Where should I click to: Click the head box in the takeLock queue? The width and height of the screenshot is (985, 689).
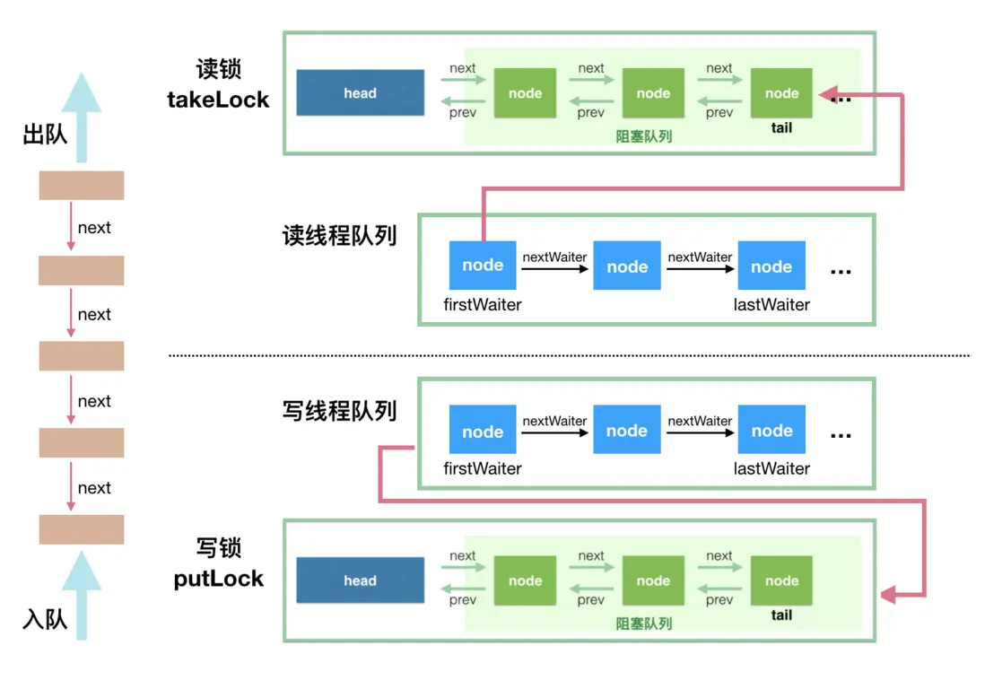[360, 93]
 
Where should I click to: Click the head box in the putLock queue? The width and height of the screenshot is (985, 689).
[360, 580]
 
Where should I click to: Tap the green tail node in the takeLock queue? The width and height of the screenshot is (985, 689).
[781, 93]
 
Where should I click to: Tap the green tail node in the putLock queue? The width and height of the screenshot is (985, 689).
[781, 580]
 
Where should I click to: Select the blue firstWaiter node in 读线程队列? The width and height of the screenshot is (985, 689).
[483, 266]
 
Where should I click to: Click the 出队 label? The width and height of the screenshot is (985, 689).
[45, 135]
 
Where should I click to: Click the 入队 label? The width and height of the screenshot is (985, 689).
[45, 619]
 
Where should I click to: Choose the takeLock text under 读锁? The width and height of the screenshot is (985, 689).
[218, 100]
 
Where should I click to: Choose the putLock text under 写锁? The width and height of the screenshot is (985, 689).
[219, 579]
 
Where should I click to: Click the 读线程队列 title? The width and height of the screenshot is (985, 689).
[339, 236]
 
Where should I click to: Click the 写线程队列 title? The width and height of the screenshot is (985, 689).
[339, 411]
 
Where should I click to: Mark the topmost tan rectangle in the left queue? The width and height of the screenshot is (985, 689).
[82, 185]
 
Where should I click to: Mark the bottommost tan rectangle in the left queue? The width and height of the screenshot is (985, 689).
[82, 529]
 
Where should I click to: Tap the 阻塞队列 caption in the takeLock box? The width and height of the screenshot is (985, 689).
[644, 136]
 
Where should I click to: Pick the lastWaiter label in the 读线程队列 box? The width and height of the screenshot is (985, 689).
[771, 305]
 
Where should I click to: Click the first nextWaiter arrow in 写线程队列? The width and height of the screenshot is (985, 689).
[554, 432]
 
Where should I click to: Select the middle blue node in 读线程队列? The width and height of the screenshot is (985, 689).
[627, 266]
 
